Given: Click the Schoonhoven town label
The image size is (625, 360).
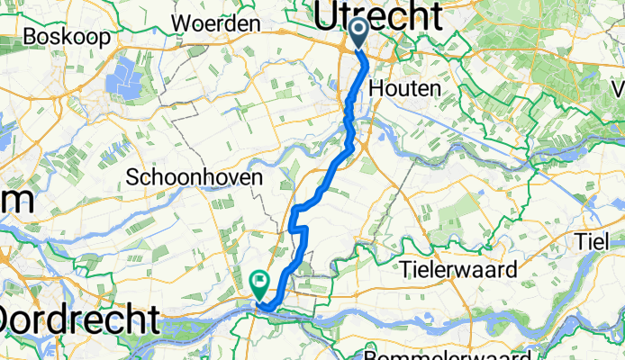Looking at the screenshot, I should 195,177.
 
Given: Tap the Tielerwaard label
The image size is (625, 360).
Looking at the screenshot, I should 473,269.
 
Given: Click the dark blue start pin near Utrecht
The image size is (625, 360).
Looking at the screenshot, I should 358,34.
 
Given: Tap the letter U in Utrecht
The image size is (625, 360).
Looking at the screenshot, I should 328,15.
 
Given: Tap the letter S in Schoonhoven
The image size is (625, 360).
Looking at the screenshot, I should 134,177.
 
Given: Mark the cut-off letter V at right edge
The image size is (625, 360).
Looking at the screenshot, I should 619,90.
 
